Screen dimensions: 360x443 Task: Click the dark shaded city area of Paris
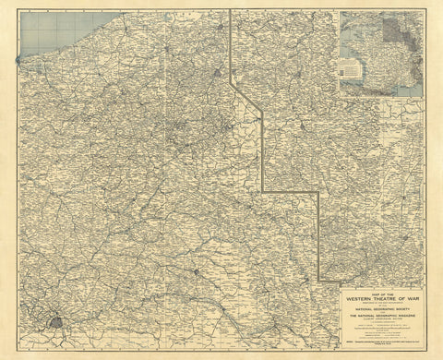[x=58, y=323]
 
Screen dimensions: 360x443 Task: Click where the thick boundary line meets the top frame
[x=230, y=11]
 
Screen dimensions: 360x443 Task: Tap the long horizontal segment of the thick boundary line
[x=291, y=191]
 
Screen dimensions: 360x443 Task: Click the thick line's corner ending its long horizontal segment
[x=319, y=191]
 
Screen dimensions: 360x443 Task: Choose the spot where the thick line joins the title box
[x=319, y=278]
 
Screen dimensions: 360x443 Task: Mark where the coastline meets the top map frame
[x=121, y=11]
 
